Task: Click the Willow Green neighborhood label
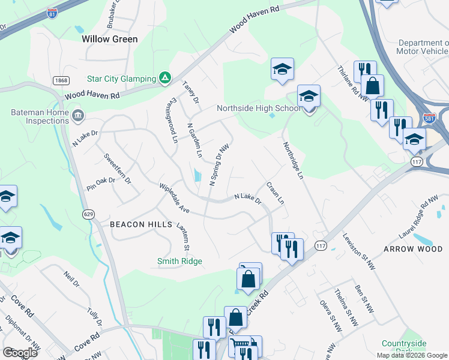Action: coord(110,39)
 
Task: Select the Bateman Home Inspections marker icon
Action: coord(77,115)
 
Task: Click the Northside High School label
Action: coord(258,109)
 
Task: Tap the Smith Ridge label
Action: coord(179,261)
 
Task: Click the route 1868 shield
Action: coord(61,81)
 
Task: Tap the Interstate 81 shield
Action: coord(53,13)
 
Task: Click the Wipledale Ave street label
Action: coord(174,199)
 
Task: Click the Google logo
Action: coord(20,353)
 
